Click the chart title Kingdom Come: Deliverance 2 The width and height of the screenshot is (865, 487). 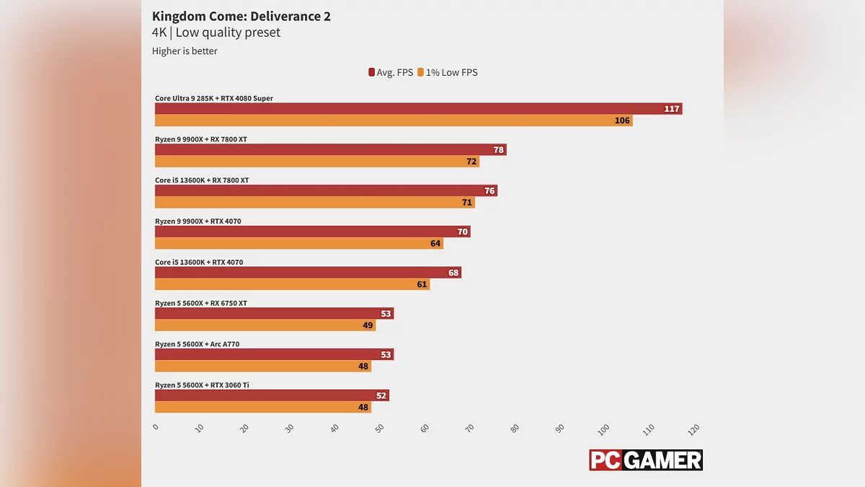point(241,16)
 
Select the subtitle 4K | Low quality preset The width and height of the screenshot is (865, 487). point(216,32)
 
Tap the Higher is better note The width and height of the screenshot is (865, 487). point(185,51)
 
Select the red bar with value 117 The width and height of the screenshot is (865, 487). point(418,109)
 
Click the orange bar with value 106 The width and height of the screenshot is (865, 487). point(393,120)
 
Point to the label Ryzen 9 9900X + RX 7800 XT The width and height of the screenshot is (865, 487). point(201,139)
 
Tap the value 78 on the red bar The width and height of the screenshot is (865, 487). point(498,150)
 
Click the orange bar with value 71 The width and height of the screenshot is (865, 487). point(314,203)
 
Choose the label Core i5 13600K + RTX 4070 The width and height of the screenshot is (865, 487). point(199,263)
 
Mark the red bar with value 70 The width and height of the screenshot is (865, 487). point(312,232)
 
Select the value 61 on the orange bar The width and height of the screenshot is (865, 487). point(422,285)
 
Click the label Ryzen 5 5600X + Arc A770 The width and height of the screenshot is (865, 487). point(197,344)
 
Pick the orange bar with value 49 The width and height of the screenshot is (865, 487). point(265,325)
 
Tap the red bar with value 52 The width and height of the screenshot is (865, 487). point(271,395)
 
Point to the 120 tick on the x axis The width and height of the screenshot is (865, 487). point(693,429)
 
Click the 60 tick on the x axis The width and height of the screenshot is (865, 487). point(425,429)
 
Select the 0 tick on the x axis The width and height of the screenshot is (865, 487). point(156,426)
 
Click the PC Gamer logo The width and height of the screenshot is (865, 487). point(645,460)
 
